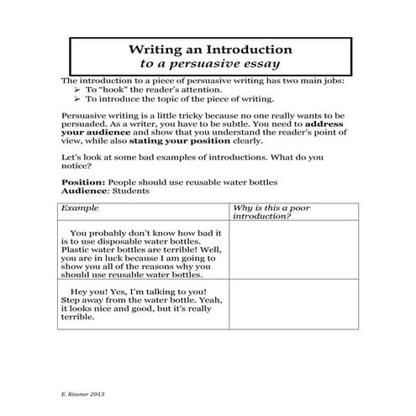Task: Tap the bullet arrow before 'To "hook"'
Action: pos(77,88)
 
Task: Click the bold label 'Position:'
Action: pos(83,182)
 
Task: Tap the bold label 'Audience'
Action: pos(86,192)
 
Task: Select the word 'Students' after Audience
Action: pos(133,192)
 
